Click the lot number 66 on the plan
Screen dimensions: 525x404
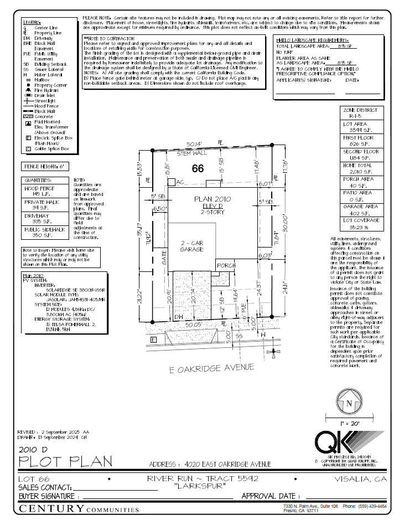[198, 169]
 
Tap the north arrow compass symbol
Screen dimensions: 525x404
[348, 403]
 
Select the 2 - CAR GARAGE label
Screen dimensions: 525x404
[192, 246]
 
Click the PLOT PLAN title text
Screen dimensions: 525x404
[65, 461]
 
